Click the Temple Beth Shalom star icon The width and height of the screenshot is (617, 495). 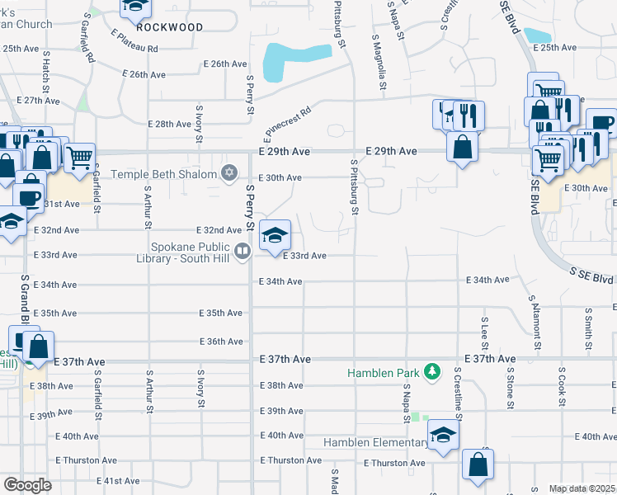[x=230, y=173]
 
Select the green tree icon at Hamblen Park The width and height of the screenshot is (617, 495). [x=431, y=373]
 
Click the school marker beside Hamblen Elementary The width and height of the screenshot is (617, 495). [x=443, y=436]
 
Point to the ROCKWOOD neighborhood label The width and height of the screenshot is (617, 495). [x=170, y=27]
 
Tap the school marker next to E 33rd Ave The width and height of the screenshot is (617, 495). [x=276, y=236]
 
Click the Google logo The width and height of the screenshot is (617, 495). [x=26, y=485]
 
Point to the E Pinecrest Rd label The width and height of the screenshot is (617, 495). [x=287, y=121]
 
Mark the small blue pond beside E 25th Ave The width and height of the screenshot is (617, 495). [x=537, y=35]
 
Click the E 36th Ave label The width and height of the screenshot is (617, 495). [x=222, y=342]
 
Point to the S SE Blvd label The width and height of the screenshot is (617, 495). [x=591, y=273]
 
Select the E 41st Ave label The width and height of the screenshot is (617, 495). [x=118, y=481]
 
